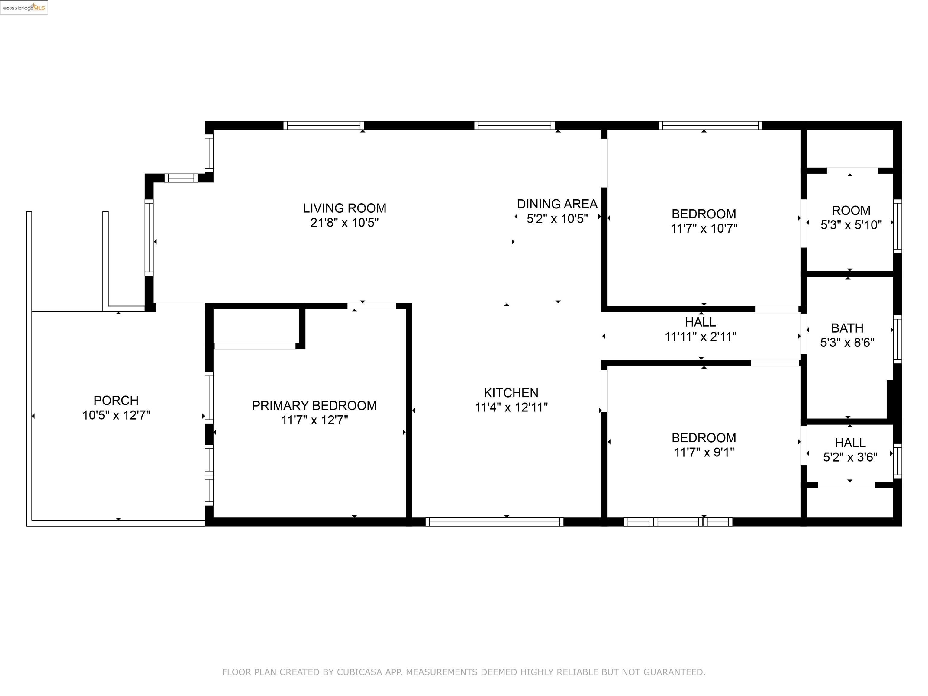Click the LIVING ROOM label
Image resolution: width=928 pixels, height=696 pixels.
[x=344, y=208]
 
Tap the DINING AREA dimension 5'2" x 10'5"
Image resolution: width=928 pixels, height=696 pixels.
[x=557, y=219]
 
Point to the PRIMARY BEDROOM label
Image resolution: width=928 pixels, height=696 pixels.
[x=314, y=405]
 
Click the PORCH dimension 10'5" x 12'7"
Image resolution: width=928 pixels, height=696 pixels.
[x=116, y=415]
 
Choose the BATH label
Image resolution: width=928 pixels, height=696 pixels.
[x=847, y=328]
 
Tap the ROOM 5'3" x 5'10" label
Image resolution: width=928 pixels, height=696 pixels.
[x=851, y=211]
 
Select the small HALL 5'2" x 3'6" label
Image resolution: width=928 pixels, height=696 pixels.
[x=850, y=443]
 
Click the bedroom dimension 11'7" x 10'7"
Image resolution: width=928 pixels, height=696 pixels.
[x=704, y=228]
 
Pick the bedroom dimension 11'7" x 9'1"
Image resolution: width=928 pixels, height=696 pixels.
[x=704, y=452]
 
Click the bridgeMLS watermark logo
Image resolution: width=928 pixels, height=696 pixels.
[x=24, y=8]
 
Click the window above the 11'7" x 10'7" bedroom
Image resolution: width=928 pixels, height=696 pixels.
[x=710, y=125]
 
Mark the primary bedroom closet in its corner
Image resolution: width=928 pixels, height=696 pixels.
[x=256, y=326]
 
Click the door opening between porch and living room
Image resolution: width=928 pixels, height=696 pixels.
[x=179, y=307]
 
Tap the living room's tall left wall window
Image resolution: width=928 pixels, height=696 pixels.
[x=149, y=237]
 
